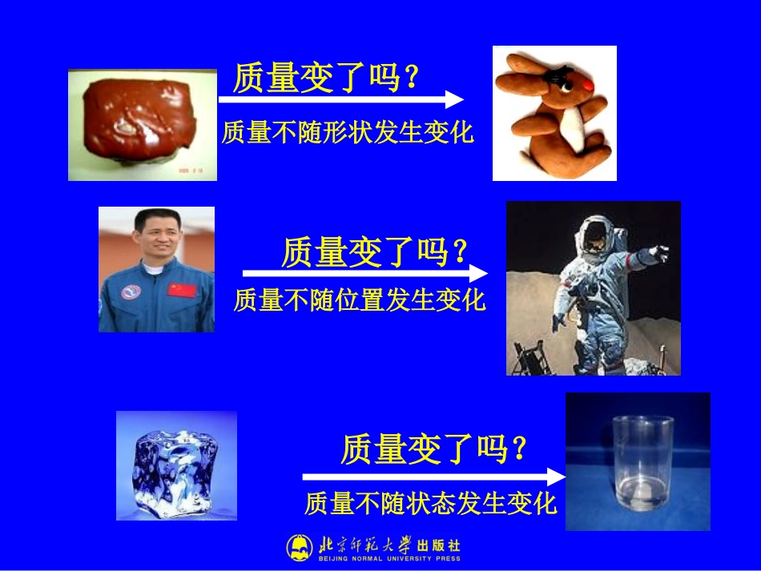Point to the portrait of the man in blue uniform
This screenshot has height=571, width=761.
pos(156,269)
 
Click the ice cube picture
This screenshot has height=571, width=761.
pos(176,465)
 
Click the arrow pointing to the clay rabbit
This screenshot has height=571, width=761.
pos(341,99)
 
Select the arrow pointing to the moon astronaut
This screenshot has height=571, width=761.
pos(365,271)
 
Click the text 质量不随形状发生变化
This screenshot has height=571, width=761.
pos(348,132)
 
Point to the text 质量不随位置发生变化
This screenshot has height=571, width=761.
pos(360,300)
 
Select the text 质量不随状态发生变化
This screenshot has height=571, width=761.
pos(430,504)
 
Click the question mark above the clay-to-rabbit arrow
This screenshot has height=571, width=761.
pos(412,78)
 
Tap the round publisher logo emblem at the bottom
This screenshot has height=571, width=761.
pos(300,548)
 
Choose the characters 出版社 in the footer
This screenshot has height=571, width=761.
pos(439,545)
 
